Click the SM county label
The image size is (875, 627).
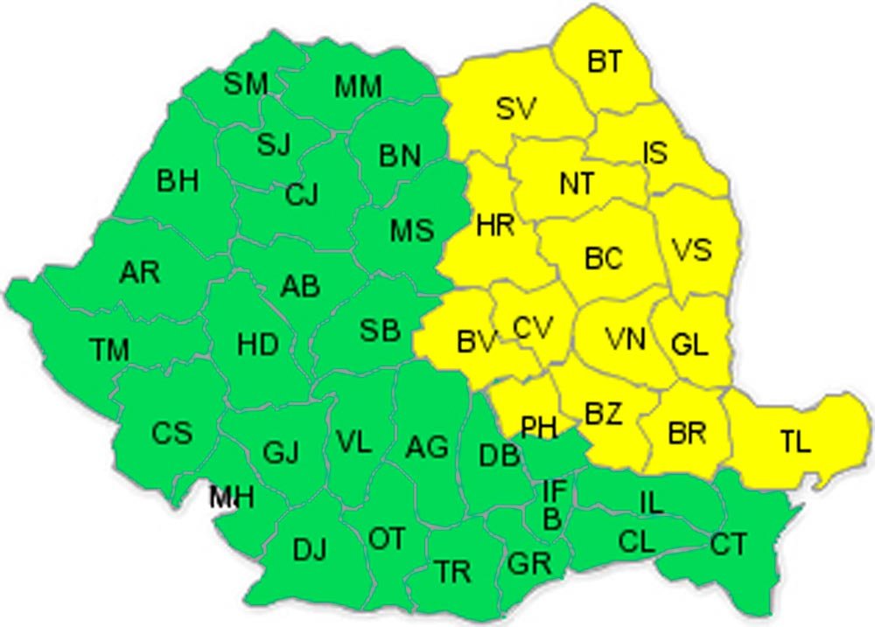246,85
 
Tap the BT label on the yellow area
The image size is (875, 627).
605,61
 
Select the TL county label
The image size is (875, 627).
795,442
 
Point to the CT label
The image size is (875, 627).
728,545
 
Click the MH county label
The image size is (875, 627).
232,498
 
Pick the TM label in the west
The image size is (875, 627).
109,350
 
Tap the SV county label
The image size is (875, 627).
516,109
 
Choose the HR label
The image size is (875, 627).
495,226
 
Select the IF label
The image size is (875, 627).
554,491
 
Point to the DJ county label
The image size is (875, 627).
310,551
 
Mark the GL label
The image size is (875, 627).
689,345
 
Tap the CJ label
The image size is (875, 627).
302,195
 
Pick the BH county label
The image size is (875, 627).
178,181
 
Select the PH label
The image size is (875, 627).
539,428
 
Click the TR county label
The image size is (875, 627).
454,573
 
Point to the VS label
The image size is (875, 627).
692,250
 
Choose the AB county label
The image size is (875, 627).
300,286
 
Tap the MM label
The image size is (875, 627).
359,87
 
